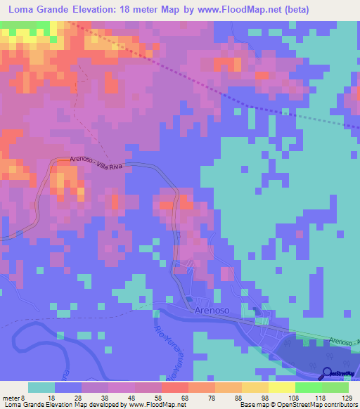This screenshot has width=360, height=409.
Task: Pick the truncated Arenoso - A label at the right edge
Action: pyautogui.click(x=345, y=342)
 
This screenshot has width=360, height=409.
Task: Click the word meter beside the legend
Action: pyautogui.click(x=11, y=398)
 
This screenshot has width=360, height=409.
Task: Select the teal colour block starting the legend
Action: pyautogui.click(x=41, y=387)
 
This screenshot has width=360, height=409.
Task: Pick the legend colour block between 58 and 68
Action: pyautogui.click(x=174, y=387)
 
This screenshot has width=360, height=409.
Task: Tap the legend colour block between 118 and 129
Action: pyautogui.click(x=335, y=387)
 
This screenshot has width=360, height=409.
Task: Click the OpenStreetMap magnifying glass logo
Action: pyautogui.click(x=328, y=373)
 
